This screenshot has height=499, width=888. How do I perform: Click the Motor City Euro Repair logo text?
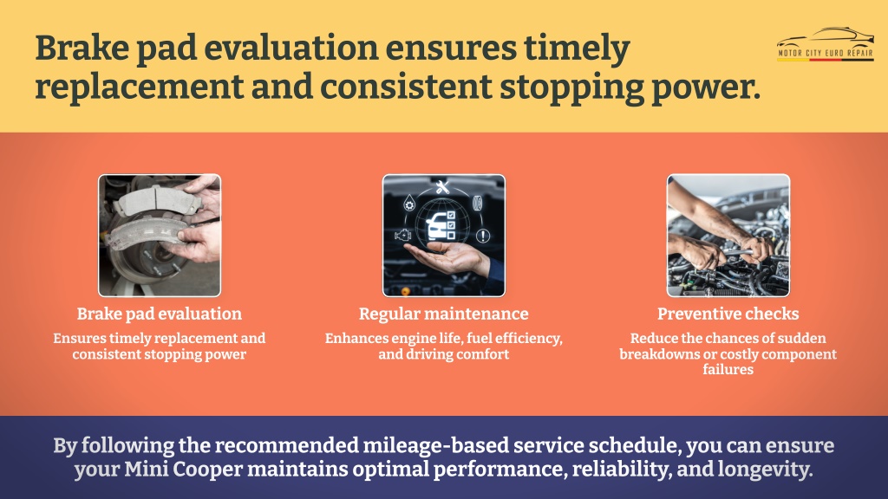pos(826,53)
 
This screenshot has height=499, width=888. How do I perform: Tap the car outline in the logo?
pos(826,37)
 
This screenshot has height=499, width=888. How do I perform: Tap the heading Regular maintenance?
pos(443,314)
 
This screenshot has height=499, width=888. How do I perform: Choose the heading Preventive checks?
pos(728,314)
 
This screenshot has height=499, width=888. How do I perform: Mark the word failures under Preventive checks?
pos(728,369)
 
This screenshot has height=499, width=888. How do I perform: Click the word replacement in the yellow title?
pos(140,87)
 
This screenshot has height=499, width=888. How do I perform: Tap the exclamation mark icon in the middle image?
pos(482,236)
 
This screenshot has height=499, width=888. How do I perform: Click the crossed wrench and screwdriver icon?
pos(443,187)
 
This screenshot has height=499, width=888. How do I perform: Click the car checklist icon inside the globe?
pos(441,226)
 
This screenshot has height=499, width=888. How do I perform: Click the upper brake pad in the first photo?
pos(158,199)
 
